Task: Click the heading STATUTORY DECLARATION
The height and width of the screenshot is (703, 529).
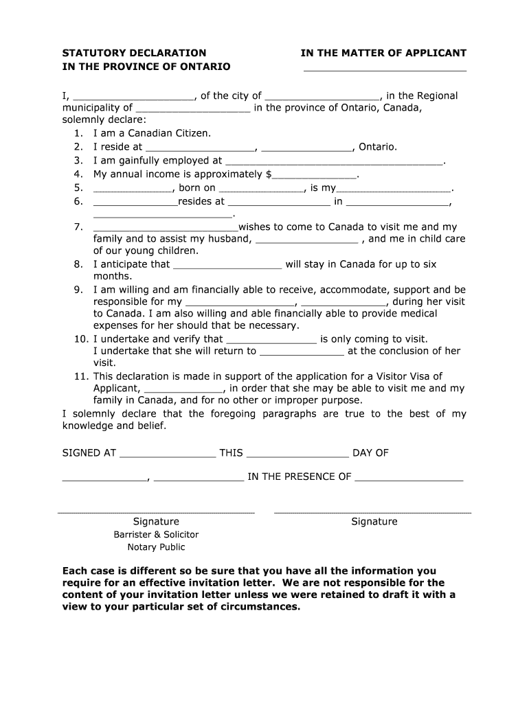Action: pyautogui.click(x=134, y=53)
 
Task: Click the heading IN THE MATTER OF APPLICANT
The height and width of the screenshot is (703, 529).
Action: pyautogui.click(x=383, y=53)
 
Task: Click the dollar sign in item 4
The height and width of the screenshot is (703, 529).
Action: pyautogui.click(x=269, y=174)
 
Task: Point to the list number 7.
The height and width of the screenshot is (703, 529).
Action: pyautogui.click(x=78, y=227)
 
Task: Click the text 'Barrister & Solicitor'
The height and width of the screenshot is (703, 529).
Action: pyautogui.click(x=156, y=534)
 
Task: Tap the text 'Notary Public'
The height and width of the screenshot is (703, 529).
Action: pyautogui.click(x=156, y=547)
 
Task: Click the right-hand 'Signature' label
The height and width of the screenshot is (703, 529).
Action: pyautogui.click(x=374, y=521)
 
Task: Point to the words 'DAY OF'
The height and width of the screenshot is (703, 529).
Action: pyautogui.click(x=370, y=453)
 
